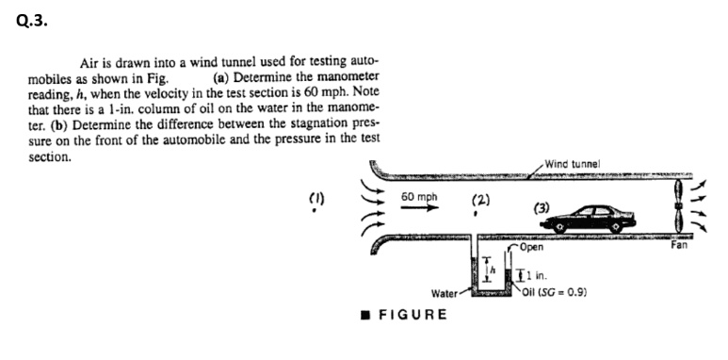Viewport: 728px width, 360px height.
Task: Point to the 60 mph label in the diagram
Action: coord(418,197)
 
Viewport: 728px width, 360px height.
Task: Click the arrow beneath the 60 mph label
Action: coord(418,210)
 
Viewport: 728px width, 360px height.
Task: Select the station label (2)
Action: coord(479,201)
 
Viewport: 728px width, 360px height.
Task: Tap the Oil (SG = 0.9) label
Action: coord(558,292)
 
